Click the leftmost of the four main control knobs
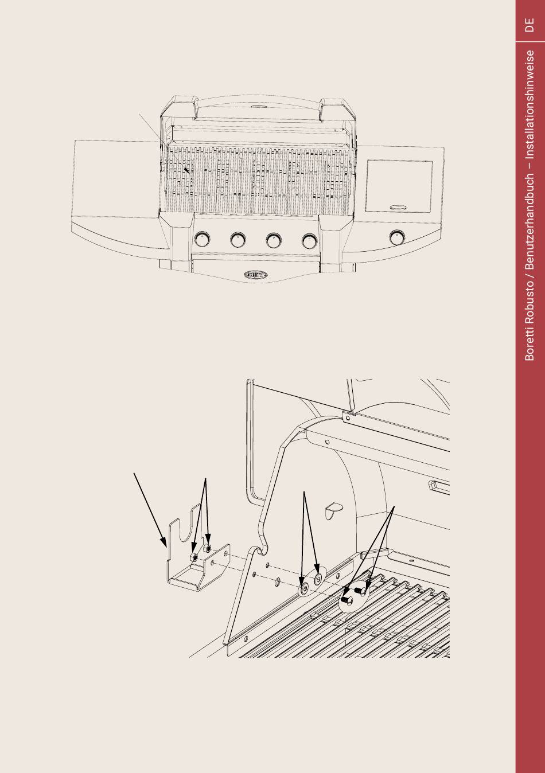click(x=202, y=239)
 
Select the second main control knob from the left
click(x=238, y=239)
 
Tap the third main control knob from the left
click(x=274, y=239)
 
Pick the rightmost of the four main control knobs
click(x=310, y=239)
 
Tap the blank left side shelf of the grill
click(x=115, y=178)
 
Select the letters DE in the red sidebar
click(x=530, y=25)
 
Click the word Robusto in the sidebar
click(x=530, y=304)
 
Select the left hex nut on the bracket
click(x=195, y=557)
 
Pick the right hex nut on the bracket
click(x=209, y=549)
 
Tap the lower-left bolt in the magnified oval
click(x=345, y=600)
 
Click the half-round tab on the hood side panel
click(x=333, y=507)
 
